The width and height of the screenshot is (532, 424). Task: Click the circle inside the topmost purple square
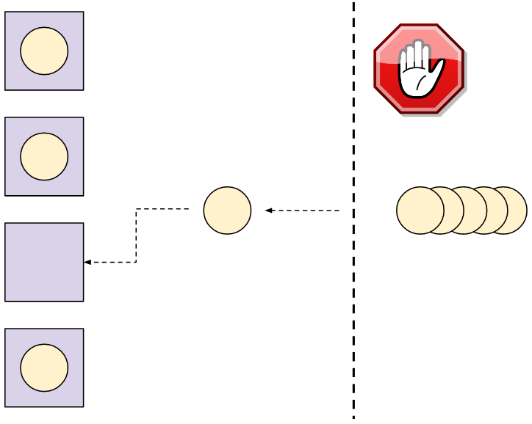(44, 51)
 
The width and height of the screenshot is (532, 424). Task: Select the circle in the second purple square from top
(44, 157)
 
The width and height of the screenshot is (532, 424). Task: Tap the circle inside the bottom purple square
(44, 368)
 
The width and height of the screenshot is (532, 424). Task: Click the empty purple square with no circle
(44, 262)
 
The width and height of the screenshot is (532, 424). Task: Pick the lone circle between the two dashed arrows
(227, 211)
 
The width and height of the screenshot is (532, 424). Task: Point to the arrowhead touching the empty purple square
(87, 262)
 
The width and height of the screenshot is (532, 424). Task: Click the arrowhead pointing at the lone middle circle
(269, 211)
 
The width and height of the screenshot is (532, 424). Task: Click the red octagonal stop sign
(419, 68)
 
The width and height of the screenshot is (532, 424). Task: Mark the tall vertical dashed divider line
(353, 220)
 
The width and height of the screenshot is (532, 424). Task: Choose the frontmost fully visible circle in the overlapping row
(420, 211)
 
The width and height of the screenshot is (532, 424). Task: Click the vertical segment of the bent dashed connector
(136, 235)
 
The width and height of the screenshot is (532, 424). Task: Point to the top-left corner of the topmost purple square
(6, 12)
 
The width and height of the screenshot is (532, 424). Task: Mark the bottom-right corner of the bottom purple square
(83, 406)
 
